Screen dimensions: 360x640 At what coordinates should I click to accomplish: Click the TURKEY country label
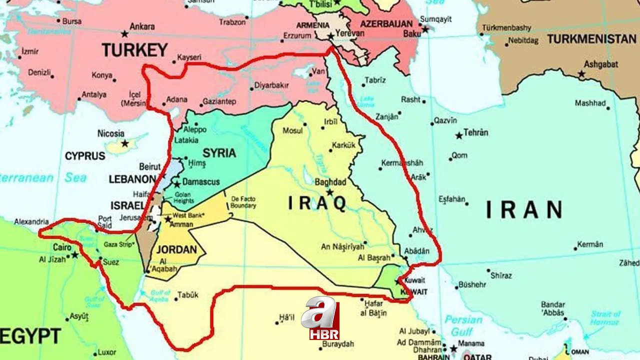(134, 49)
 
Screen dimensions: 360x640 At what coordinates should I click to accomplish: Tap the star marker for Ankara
(124, 34)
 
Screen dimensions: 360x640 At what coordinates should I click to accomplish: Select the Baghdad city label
(330, 182)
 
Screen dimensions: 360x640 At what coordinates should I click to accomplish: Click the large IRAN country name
(524, 209)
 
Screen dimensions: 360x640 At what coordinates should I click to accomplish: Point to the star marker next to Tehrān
(458, 135)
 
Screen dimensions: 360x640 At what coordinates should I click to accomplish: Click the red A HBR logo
(320, 318)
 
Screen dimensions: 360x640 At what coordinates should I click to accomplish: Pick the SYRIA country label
(219, 152)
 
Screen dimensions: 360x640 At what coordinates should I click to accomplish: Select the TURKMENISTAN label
(591, 39)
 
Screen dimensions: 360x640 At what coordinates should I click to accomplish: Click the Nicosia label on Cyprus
(111, 133)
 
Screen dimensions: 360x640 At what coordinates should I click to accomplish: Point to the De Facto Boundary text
(243, 202)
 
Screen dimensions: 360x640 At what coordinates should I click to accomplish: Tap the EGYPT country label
(30, 335)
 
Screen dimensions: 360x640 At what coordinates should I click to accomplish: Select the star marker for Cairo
(75, 254)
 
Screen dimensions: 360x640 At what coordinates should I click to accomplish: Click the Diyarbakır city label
(271, 85)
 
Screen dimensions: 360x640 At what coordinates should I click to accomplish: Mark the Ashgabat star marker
(581, 74)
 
